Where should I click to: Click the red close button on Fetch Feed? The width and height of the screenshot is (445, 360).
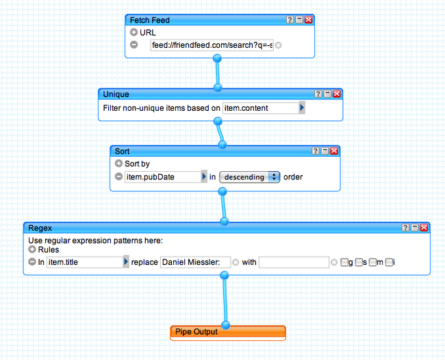[x=309, y=20]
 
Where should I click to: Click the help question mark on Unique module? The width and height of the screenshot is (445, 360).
[x=318, y=94]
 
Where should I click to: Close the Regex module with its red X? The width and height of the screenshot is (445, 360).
[x=424, y=227]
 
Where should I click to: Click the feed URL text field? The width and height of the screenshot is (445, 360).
[x=212, y=45]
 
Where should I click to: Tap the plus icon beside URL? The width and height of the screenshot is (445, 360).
[x=133, y=32]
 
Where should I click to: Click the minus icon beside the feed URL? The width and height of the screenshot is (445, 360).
[x=133, y=45]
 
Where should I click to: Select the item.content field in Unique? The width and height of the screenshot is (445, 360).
[x=260, y=108]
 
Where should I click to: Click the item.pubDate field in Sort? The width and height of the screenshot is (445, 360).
[x=162, y=177]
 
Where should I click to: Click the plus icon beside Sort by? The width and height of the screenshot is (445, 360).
[x=118, y=164]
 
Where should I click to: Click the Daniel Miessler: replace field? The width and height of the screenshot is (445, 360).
[x=194, y=261]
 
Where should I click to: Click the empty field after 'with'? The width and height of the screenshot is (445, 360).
[x=294, y=261]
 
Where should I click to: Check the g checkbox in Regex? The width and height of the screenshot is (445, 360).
[x=344, y=261]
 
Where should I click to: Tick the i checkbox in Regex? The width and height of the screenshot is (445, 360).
[x=389, y=261]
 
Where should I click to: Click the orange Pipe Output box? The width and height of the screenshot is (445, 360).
[x=228, y=332]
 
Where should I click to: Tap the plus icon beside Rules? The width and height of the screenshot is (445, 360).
[x=32, y=250]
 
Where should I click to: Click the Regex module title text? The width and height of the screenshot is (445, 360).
[x=40, y=227]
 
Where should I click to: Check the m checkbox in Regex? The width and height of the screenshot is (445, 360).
[x=372, y=261]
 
